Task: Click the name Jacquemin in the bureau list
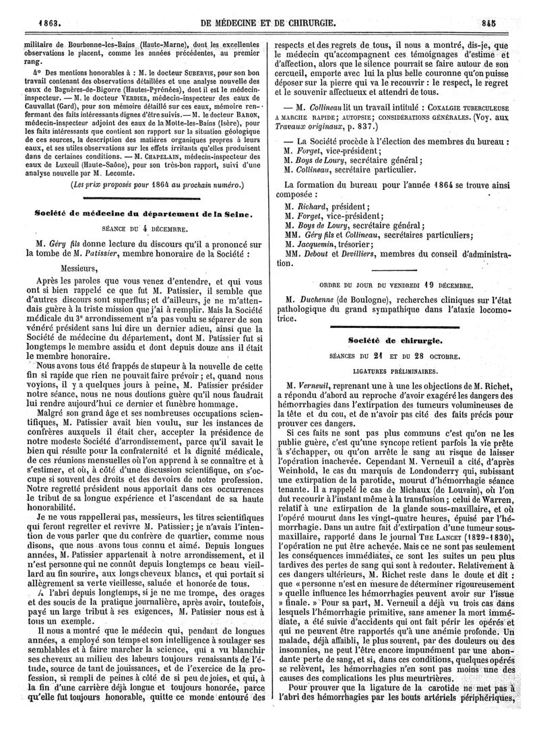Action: click(x=321, y=243)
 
